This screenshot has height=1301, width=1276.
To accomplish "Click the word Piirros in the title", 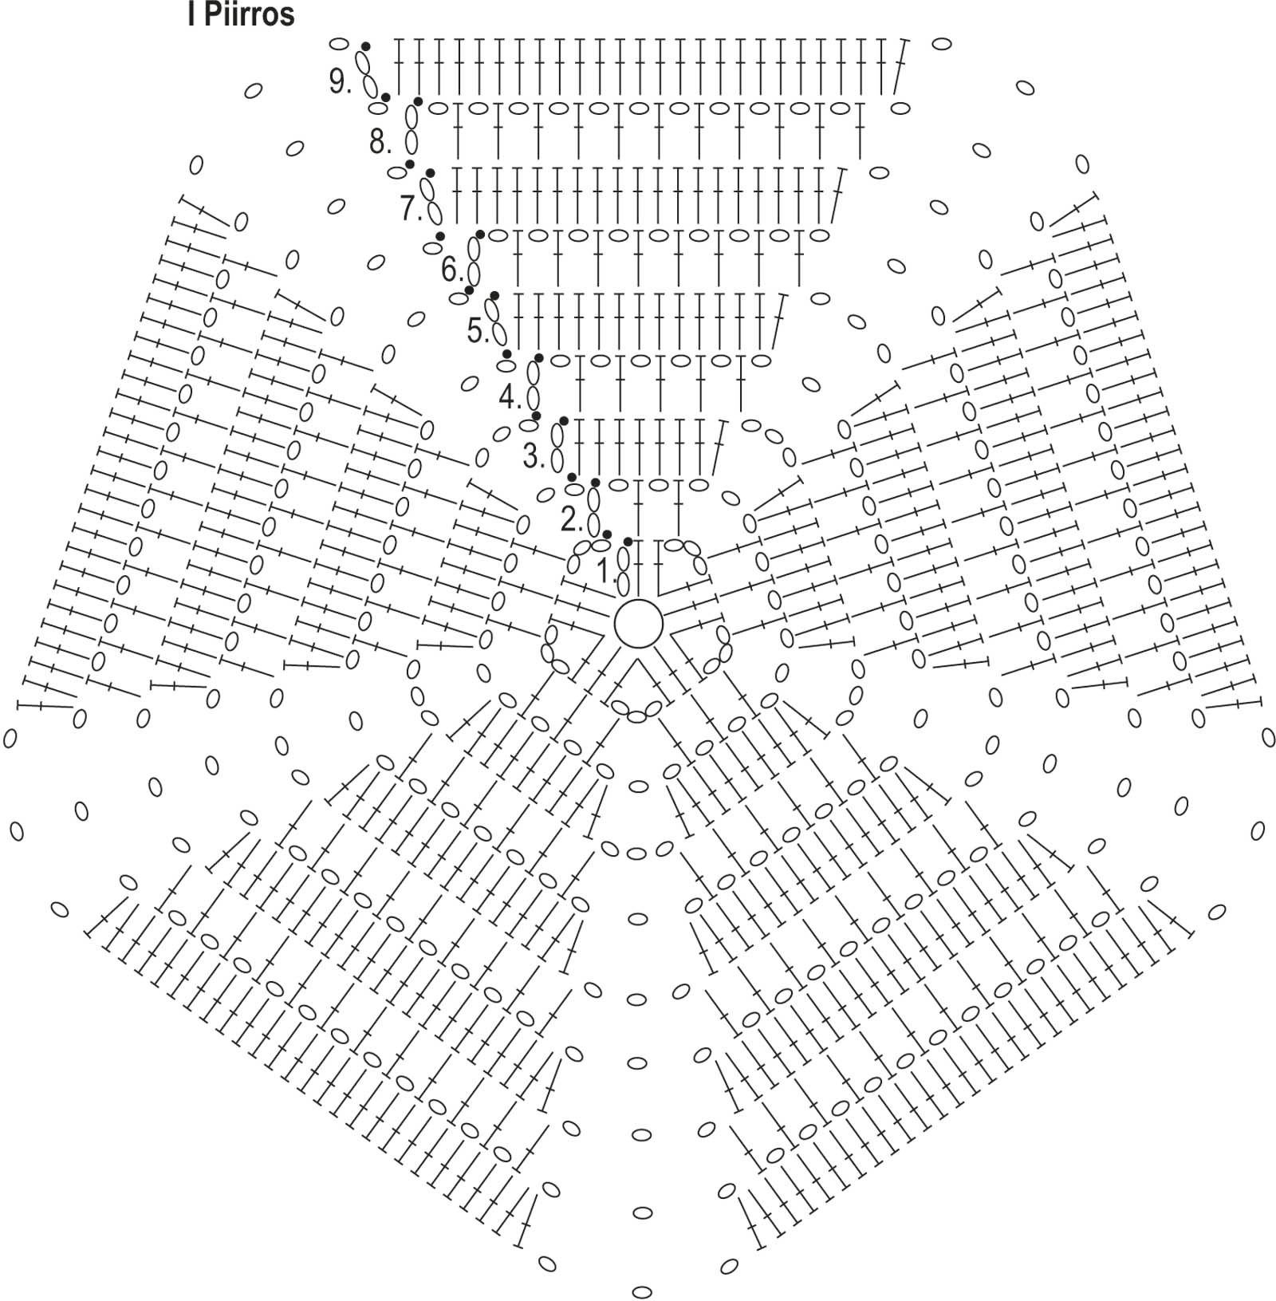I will [x=249, y=15].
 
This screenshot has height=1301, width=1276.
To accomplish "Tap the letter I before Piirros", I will [x=191, y=15].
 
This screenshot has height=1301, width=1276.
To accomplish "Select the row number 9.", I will [x=339, y=81].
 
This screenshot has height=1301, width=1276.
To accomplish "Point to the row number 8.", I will [x=379, y=142].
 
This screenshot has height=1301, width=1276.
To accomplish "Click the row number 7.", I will [x=410, y=208].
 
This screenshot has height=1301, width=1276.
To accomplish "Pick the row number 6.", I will [x=451, y=270].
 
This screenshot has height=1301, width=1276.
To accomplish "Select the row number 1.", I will [x=605, y=571].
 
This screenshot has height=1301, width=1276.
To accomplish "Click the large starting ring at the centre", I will [x=638, y=624].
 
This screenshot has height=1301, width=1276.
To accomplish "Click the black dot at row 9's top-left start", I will [x=365, y=46].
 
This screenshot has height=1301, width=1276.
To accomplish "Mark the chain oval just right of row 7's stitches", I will [x=879, y=172].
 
